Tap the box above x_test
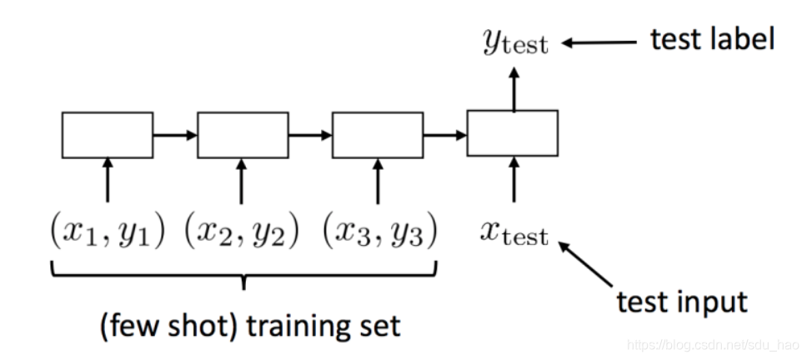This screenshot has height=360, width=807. point(512,133)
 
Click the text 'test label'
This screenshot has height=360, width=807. point(713,38)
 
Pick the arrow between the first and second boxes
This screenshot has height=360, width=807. point(175,134)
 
